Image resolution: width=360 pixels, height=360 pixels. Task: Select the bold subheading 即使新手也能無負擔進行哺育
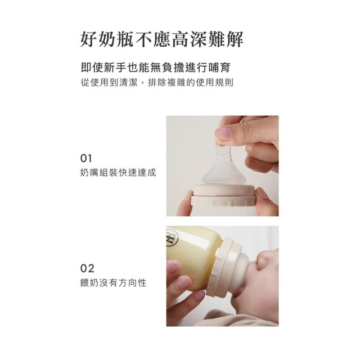[155, 68]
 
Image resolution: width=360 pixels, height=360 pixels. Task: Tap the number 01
[86, 159]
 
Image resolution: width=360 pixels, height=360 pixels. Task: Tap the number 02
[87, 268]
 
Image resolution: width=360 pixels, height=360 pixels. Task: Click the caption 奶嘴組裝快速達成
[118, 173]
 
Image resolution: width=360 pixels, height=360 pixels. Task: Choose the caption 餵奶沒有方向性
[113, 283]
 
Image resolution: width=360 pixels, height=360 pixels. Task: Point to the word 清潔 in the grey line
[129, 83]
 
